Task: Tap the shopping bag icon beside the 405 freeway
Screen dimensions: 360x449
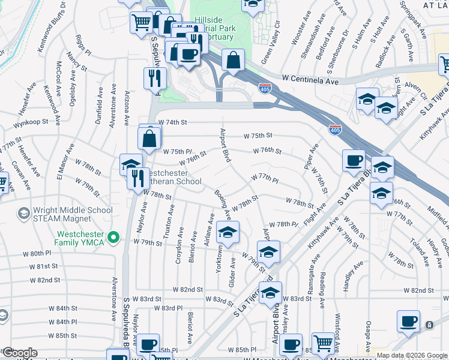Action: [232, 60]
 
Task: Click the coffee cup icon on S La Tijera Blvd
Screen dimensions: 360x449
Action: [353, 161]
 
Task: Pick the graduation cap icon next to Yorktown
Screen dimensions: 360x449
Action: [227, 233]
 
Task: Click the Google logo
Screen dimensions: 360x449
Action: [19, 353]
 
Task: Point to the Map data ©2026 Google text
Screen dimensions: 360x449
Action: [412, 355]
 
